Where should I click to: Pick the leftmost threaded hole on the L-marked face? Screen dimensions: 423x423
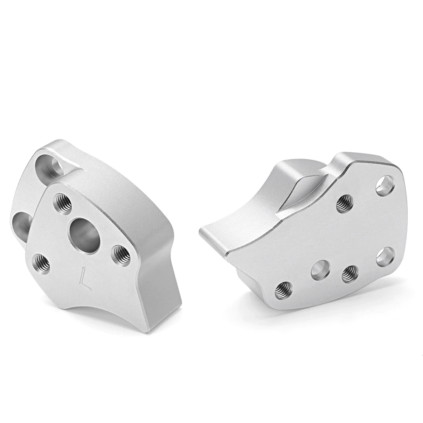(x=41, y=264)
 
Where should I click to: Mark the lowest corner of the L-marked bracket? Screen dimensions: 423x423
(x=148, y=331)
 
